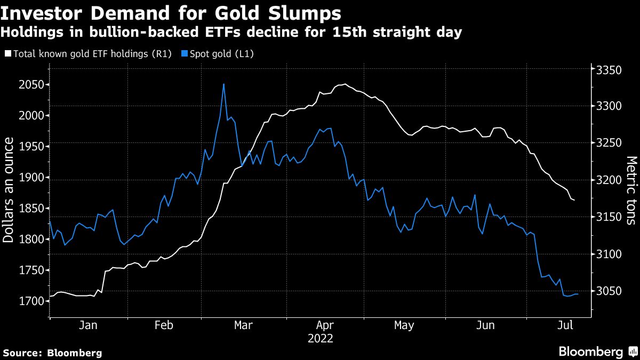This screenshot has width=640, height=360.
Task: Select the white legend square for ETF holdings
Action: tap(7, 53)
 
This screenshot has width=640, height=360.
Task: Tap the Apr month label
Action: tap(325, 325)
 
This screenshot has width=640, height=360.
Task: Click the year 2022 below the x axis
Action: tap(320, 338)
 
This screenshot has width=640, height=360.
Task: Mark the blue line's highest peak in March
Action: tap(223, 84)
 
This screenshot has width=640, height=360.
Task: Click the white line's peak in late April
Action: tap(346, 84)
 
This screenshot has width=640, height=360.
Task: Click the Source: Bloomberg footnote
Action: tap(52, 353)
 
